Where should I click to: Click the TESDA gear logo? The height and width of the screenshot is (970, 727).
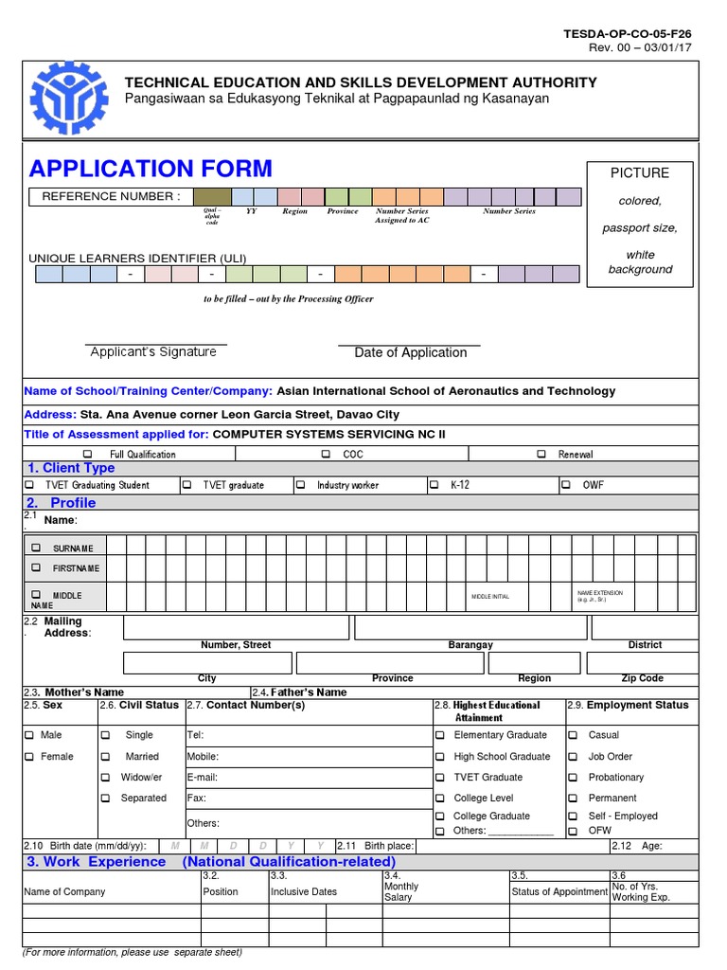(x=71, y=97)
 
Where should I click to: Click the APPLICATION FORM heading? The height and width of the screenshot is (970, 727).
(x=151, y=169)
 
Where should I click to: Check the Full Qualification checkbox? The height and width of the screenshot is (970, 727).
(x=87, y=455)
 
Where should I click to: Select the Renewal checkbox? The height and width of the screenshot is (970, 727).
(x=541, y=455)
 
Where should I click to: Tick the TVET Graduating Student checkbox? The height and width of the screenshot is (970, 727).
(x=28, y=485)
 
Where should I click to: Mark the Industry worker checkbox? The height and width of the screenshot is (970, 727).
(x=300, y=485)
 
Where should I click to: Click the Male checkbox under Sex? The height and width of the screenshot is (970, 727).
(x=28, y=735)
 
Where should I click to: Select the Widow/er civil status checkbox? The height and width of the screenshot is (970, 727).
(x=105, y=778)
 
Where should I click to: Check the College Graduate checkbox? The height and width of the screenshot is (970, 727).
(x=440, y=817)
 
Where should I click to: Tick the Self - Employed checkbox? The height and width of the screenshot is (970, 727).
(x=573, y=817)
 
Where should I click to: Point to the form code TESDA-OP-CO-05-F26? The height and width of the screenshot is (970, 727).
(x=627, y=33)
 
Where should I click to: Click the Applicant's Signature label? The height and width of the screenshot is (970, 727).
(x=153, y=352)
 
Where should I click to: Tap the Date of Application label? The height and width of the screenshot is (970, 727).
(x=410, y=353)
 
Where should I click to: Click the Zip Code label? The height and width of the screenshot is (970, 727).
(x=643, y=678)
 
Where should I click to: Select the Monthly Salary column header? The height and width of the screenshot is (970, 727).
(x=401, y=891)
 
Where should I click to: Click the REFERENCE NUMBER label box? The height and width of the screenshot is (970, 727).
(x=105, y=197)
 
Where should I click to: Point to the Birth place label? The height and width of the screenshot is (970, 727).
(x=388, y=846)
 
